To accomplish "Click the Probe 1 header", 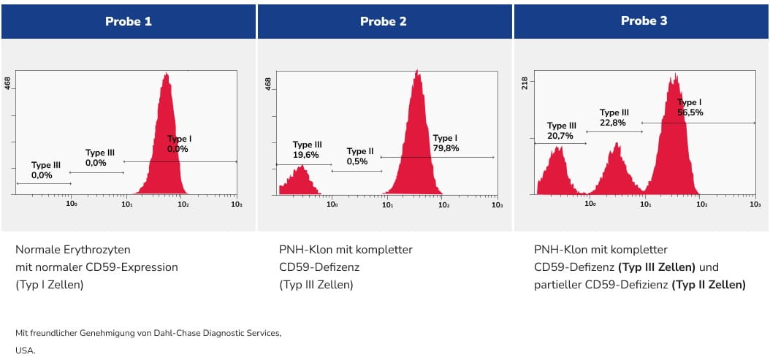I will [x=129, y=21].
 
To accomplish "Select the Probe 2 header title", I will [x=384, y=21].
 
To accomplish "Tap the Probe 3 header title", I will [x=644, y=21].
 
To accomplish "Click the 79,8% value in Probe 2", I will [x=446, y=148].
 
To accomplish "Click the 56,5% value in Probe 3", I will [x=690, y=112].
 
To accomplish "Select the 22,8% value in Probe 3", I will [x=614, y=123].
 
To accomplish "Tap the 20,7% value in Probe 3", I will [x=560, y=136].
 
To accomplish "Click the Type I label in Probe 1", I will [x=180, y=139].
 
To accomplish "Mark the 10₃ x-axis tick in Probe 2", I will [x=496, y=206].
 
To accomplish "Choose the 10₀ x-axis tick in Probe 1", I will [x=72, y=206].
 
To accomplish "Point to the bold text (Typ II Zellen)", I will [x=709, y=285].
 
